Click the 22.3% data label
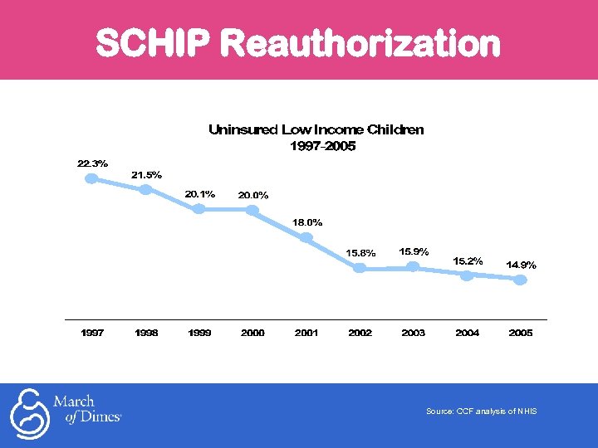tap(92, 163)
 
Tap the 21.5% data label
tap(146, 175)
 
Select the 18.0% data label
tap(307, 222)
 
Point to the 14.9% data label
tap(521, 265)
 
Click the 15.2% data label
tap(468, 261)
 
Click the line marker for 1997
tap(92, 178)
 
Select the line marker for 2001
tap(306, 237)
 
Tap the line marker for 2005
tap(520, 280)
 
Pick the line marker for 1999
tap(199, 208)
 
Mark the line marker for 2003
tap(413, 266)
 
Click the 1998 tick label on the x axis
tap(146, 333)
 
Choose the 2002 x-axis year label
tap(360, 333)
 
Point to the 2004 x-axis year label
tap(467, 333)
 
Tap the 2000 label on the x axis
tap(252, 333)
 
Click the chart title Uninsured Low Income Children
tap(316, 129)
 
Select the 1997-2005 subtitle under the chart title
tap(321, 146)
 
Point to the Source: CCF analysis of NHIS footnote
tap(481, 411)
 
